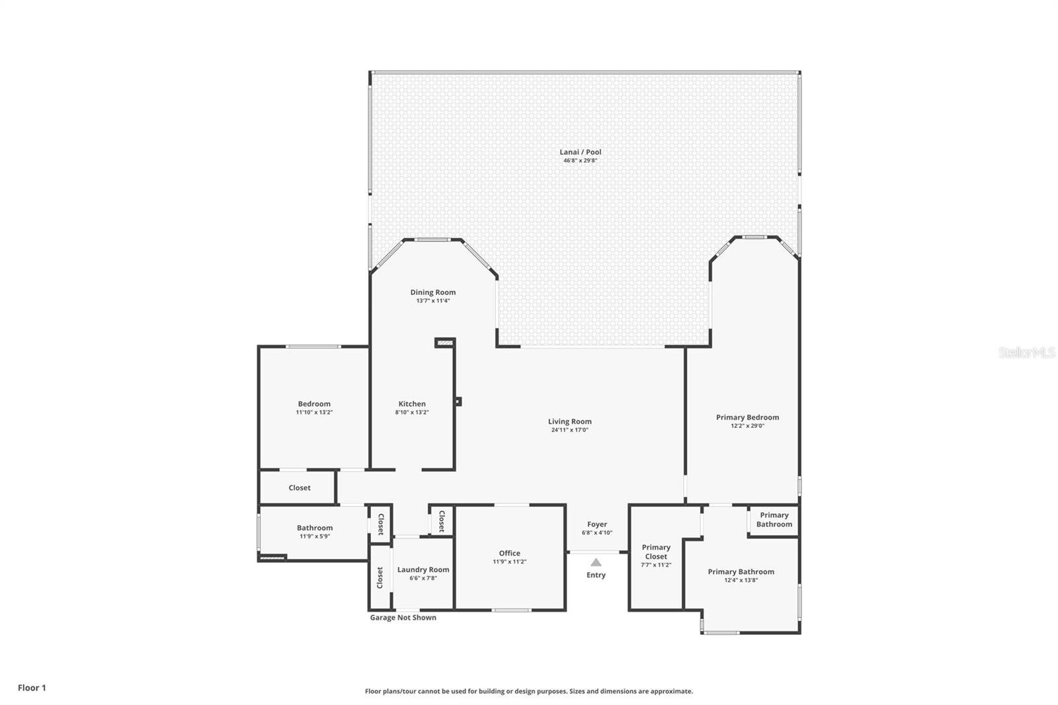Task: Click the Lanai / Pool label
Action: pos(580,152)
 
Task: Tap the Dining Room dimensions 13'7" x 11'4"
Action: pos(432,301)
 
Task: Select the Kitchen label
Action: pos(412,404)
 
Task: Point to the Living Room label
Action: pos(569,421)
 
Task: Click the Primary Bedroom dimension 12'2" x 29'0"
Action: pos(747,426)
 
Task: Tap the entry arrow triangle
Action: pos(596,562)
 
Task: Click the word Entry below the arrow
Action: pos(596,575)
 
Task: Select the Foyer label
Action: pos(596,524)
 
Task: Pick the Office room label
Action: pos(509,554)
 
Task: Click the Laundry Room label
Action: pos(423,569)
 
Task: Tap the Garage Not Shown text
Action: pos(403,618)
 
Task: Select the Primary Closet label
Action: pos(656,552)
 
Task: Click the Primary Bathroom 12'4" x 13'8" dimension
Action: pos(741,581)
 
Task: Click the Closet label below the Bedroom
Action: pos(300,488)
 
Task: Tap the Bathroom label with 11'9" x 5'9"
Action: pos(315,528)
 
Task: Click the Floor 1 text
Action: pos(32,688)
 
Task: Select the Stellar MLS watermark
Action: pos(1026,353)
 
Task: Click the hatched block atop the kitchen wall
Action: pos(444,343)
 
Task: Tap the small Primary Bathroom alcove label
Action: pos(774,520)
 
